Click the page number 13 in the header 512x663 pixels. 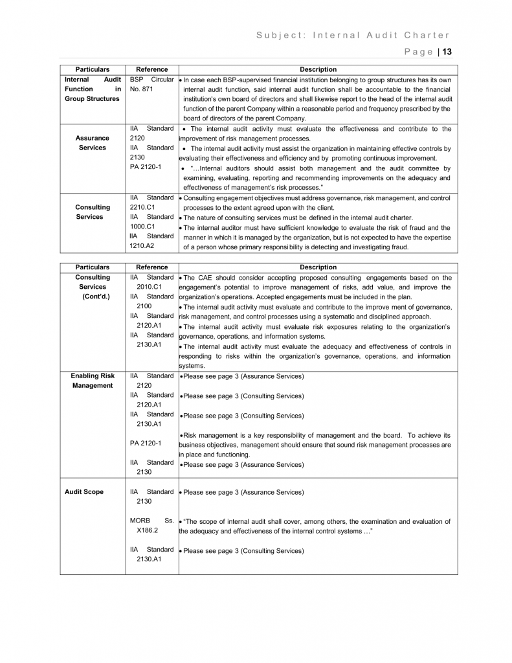tap(447, 52)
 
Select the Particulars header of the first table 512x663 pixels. tap(93, 69)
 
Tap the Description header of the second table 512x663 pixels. tap(318, 267)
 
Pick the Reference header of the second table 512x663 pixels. tap(151, 267)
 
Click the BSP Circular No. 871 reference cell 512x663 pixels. tap(151, 84)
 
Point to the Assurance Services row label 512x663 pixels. tap(93, 142)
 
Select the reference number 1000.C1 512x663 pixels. tap(142, 227)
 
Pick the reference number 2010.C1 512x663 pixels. tap(149, 286)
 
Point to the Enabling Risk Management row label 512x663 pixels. tap(93, 380)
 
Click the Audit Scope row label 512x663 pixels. tap(84, 492)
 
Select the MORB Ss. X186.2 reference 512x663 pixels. tap(151, 525)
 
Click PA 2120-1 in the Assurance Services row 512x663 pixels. tap(146, 167)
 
